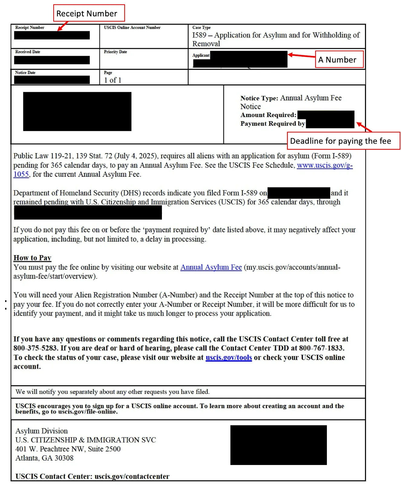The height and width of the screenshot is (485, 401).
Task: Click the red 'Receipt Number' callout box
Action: pyautogui.click(x=89, y=13)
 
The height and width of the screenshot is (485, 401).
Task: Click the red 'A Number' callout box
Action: pyautogui.click(x=339, y=59)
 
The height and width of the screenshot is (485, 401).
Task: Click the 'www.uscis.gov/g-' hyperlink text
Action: pyautogui.click(x=324, y=165)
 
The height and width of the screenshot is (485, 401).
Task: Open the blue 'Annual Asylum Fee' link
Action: pyautogui.click(x=211, y=267)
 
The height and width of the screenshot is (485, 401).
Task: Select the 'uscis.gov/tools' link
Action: pyautogui.click(x=228, y=357)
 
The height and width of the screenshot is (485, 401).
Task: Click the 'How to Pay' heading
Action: pyautogui.click(x=32, y=258)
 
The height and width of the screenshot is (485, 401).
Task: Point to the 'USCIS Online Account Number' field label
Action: pyautogui.click(x=132, y=28)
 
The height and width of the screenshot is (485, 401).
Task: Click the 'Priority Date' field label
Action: pyautogui.click(x=115, y=52)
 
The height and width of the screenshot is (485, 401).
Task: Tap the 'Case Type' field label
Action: pyautogui.click(x=201, y=28)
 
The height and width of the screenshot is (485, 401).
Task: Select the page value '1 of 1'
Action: pyautogui.click(x=113, y=80)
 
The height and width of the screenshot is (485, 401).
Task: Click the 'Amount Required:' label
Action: pyautogui.click(x=268, y=115)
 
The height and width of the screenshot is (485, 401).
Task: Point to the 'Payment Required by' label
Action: pyautogui.click(x=272, y=124)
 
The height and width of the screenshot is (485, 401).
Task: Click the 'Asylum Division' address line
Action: pyautogui.click(x=41, y=431)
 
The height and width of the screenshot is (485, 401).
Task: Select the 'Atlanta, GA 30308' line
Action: pyautogui.click(x=44, y=458)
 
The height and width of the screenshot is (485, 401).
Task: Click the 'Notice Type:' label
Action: pyautogui.click(x=259, y=98)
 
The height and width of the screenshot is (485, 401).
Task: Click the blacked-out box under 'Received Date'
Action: pyautogui.click(x=52, y=60)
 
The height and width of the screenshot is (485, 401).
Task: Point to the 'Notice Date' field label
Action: pyautogui.click(x=25, y=73)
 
